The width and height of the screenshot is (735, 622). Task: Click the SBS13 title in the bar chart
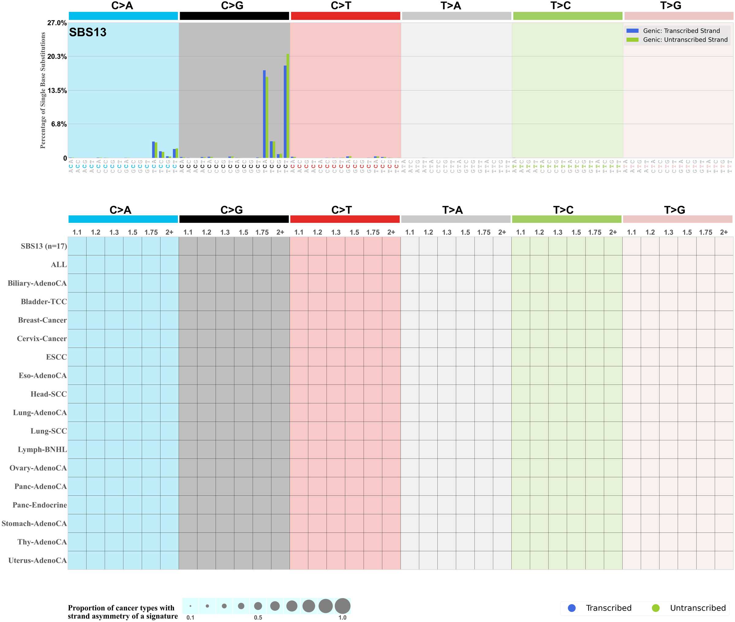tap(87, 32)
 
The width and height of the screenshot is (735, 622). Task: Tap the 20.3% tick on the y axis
tap(57, 56)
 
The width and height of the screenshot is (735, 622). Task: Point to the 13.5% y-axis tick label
tap(57, 91)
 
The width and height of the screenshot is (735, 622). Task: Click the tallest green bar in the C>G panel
tap(288, 106)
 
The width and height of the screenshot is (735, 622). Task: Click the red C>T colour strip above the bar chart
tap(345, 16)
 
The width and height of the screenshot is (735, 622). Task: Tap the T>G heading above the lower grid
tap(674, 210)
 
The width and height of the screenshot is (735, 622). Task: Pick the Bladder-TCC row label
tap(44, 302)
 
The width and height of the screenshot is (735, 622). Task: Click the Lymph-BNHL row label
tap(42, 449)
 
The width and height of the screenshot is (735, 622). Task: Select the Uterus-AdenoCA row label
tap(37, 560)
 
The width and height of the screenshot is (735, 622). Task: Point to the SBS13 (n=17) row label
tap(44, 246)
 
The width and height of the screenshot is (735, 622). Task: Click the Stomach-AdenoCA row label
tap(34, 524)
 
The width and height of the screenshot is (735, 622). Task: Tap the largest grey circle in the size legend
tap(342, 606)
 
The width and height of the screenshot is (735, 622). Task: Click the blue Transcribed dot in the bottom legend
tap(571, 608)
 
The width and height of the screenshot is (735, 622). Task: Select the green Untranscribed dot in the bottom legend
tap(655, 608)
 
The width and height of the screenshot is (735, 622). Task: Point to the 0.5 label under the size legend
tap(258, 617)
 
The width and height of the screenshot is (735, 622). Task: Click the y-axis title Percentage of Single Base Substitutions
tap(43, 90)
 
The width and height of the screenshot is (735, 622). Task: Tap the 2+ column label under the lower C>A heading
tap(169, 232)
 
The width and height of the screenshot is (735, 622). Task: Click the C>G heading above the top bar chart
tap(232, 6)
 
